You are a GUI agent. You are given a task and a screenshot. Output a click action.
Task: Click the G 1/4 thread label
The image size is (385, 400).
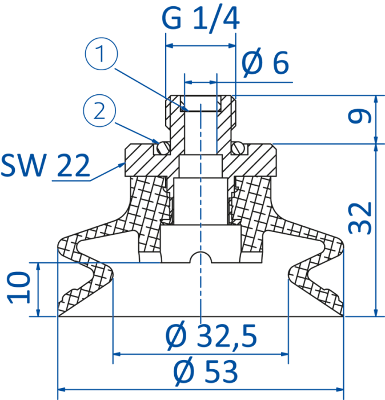click(200, 19)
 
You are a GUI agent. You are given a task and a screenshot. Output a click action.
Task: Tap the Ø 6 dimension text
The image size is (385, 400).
click(265, 62)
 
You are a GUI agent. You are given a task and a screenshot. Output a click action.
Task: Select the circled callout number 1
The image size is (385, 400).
click(102, 54)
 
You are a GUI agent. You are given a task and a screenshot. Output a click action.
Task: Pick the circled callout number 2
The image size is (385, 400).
click(99, 111)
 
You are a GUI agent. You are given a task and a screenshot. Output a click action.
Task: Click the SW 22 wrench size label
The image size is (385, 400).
click(45, 165)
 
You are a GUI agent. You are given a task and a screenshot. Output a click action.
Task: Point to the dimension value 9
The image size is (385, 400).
click(359, 117)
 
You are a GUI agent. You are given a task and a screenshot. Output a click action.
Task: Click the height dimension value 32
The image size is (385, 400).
click(359, 218)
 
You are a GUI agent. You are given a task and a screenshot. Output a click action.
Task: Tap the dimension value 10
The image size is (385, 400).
click(18, 288)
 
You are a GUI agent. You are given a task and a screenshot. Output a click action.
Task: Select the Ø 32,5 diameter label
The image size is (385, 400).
click(211, 336)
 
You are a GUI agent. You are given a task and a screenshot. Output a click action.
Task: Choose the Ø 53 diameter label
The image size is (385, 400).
click(206, 371)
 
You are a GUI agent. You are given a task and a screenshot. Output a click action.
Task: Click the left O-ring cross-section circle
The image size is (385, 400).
click(163, 149)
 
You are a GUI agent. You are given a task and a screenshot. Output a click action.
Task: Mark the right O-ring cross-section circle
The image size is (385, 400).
click(238, 149)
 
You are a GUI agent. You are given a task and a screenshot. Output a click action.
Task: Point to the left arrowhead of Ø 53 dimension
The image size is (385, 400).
click(62, 390)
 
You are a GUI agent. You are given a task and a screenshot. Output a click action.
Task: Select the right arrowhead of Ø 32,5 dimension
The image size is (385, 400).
click(284, 354)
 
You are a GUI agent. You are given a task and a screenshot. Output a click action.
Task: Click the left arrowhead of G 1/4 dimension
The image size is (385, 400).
click(170, 46)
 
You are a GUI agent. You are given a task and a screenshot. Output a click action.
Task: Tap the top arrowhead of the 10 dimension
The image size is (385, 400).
click(38, 267)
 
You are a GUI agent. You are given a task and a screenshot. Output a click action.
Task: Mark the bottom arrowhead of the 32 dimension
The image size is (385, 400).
click(375, 313)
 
